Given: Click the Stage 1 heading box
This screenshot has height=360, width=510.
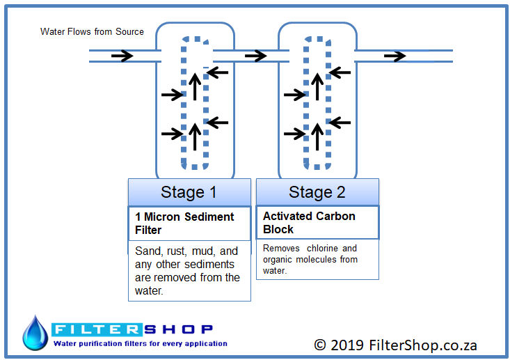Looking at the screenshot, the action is click(x=190, y=192).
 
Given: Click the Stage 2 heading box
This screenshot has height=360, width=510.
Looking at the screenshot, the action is click(x=317, y=192).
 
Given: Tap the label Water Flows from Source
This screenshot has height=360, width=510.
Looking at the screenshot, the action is click(x=92, y=31).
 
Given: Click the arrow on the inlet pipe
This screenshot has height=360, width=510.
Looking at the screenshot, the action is click(x=122, y=56).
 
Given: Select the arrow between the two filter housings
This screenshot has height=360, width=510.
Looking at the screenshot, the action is click(x=255, y=56).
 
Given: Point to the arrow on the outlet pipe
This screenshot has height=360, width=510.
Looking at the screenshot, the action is click(x=395, y=56).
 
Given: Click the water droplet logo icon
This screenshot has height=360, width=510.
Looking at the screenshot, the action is click(x=35, y=333).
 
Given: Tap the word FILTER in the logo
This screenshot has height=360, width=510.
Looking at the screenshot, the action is click(x=97, y=329).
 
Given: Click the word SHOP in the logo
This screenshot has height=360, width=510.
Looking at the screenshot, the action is click(x=179, y=329).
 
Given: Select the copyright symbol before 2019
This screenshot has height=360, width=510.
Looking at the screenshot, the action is click(x=320, y=345).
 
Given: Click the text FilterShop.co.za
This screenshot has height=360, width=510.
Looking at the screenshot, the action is click(x=423, y=345).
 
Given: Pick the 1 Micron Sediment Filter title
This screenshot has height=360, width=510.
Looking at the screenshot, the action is click(x=184, y=224).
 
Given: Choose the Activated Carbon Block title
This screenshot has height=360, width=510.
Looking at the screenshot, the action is click(x=309, y=223).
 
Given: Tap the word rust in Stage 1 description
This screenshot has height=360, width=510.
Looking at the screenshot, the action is click(x=177, y=251).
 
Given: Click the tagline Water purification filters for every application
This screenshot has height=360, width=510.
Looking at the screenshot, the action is click(x=140, y=344).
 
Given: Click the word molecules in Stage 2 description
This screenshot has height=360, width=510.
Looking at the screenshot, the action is click(x=316, y=260).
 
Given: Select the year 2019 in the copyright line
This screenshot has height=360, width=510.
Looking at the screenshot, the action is click(x=347, y=345).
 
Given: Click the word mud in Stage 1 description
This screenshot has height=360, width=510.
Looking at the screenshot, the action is click(x=205, y=251).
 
